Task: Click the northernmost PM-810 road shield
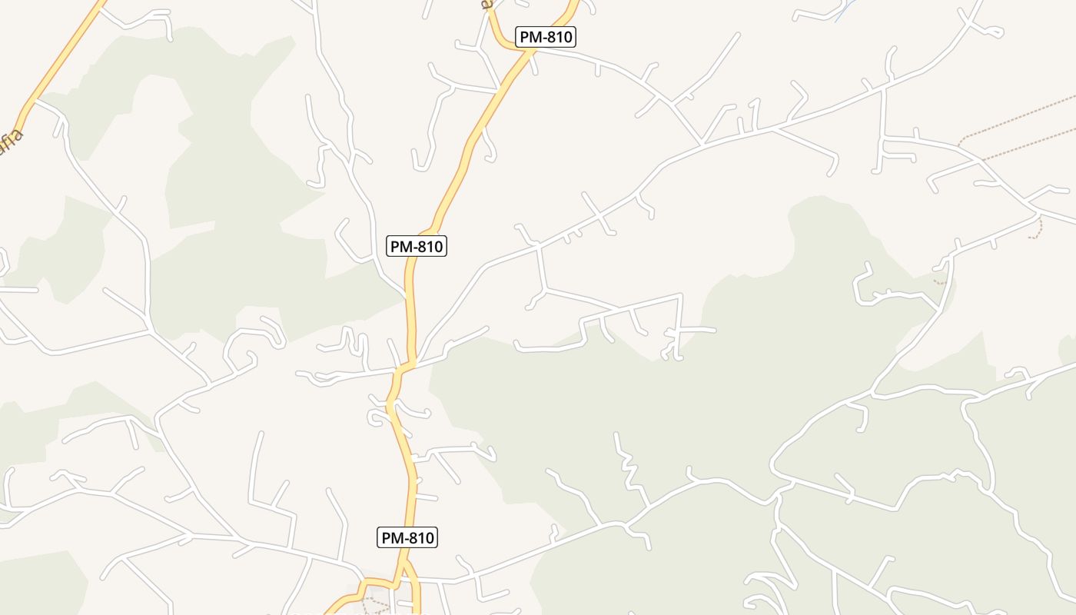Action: point(546,37)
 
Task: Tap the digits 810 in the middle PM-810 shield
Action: point(427,247)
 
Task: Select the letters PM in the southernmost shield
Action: point(393,538)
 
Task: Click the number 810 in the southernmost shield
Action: point(419,538)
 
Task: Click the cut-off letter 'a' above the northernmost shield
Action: point(486,5)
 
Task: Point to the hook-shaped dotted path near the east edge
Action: point(1040,228)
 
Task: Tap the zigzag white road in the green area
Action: point(628,466)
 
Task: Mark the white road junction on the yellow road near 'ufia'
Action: point(35,100)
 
